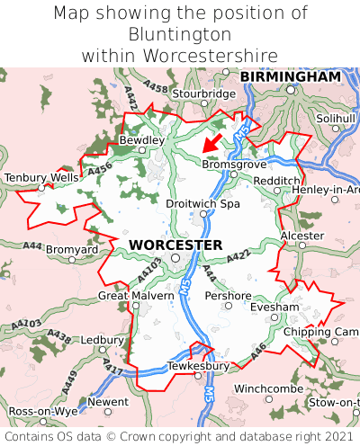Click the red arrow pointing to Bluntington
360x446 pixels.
click(x=212, y=142)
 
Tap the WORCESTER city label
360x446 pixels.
click(x=175, y=245)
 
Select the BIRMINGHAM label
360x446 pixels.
click(x=291, y=77)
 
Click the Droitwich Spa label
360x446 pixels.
click(x=203, y=204)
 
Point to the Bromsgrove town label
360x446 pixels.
click(x=234, y=165)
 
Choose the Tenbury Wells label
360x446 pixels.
click(x=41, y=178)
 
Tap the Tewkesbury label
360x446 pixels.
click(x=199, y=366)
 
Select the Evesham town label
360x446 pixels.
click(x=274, y=307)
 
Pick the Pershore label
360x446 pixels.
click(x=228, y=295)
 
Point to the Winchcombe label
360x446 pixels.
click(x=268, y=388)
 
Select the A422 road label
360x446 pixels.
click(x=237, y=258)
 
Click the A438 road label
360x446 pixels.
click(x=60, y=337)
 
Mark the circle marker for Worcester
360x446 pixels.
click(x=176, y=258)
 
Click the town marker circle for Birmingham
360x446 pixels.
click(x=290, y=89)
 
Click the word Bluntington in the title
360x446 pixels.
click(x=180, y=34)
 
